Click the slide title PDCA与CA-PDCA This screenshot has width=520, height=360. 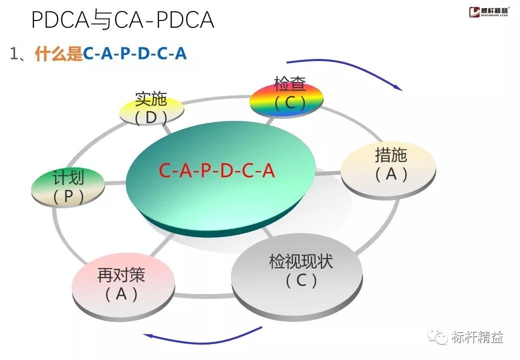pos(122,19)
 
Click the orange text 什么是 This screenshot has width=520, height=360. pos(58,54)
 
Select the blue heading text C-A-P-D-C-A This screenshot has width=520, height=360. pos(134,54)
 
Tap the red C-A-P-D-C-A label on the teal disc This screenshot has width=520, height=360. pos(217,171)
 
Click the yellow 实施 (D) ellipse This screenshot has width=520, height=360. pos(151,108)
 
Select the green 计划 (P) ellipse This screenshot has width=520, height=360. pos(68,187)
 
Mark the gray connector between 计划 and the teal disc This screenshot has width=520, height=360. pos(115,183)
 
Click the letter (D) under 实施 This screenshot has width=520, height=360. pos(151,117)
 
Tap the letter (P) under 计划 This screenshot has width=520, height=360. pos(68,197)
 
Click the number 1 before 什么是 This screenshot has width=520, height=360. pos(14,54)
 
